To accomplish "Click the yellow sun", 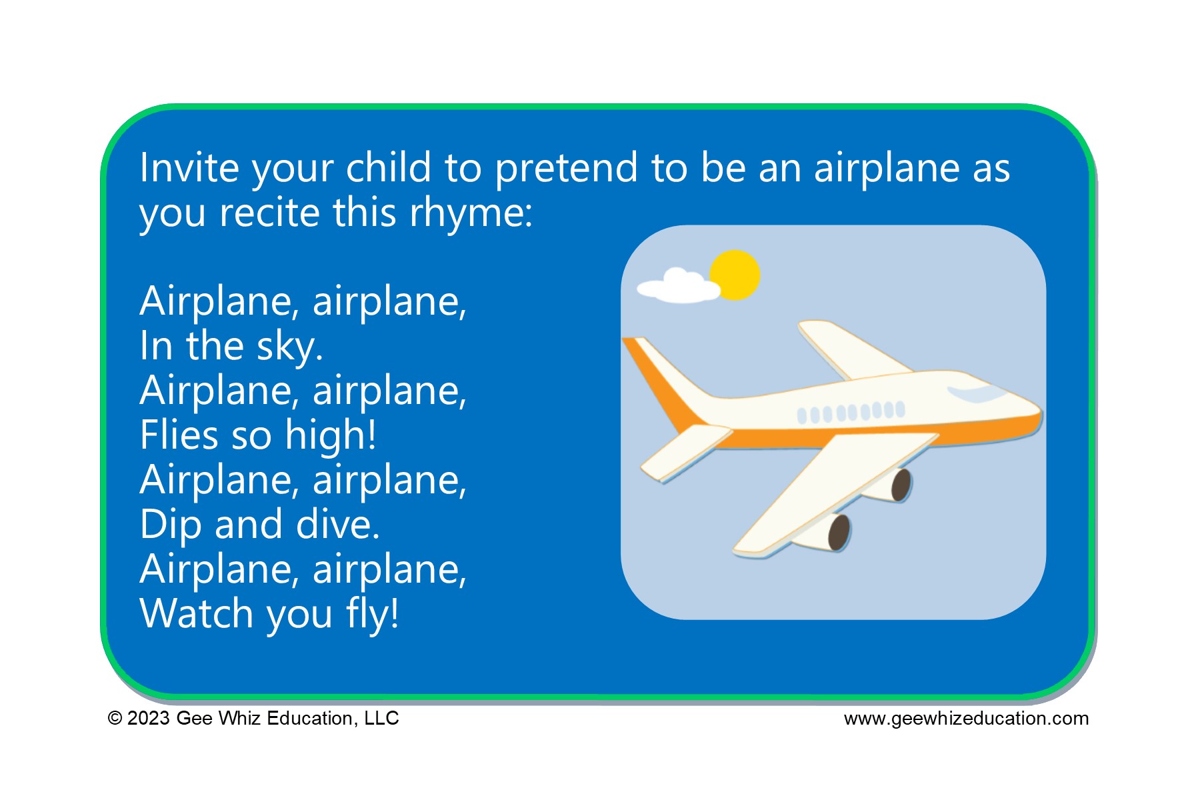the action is click(735, 275).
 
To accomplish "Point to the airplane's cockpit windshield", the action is click(977, 393).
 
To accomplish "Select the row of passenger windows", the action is click(851, 412).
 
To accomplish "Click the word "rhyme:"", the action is click(471, 213).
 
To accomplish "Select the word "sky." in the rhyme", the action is click(290, 347).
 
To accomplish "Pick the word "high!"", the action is click(331, 435).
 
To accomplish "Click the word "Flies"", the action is click(179, 435).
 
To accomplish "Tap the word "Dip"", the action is click(171, 525).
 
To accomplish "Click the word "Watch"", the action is click(197, 613).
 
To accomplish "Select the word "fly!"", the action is click(373, 613).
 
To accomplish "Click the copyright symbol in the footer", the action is click(115, 719).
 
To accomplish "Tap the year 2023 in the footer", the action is click(149, 719).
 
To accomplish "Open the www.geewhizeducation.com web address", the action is click(966, 719).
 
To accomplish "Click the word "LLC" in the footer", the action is click(381, 719).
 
